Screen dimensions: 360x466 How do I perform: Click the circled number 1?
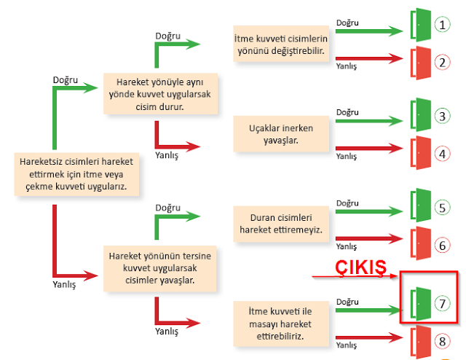(x=443, y=25)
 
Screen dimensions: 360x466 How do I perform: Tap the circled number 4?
(x=443, y=153)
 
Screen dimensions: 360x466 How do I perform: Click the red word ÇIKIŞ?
(x=359, y=267)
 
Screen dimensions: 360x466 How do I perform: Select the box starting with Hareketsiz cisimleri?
(x=71, y=174)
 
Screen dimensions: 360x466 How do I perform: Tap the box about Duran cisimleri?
(x=280, y=224)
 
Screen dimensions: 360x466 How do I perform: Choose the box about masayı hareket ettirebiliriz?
(x=280, y=324)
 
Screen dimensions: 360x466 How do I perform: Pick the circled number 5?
(x=443, y=208)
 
